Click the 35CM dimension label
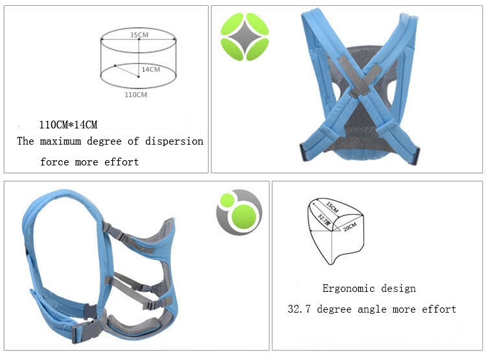[x=139, y=35]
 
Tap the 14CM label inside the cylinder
[x=150, y=69]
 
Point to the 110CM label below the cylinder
[x=136, y=95]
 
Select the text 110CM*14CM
[x=68, y=125]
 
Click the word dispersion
[x=174, y=141]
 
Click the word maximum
[x=60, y=141]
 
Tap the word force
[x=54, y=162]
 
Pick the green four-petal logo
[x=244, y=36]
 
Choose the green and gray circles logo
[x=239, y=212]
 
